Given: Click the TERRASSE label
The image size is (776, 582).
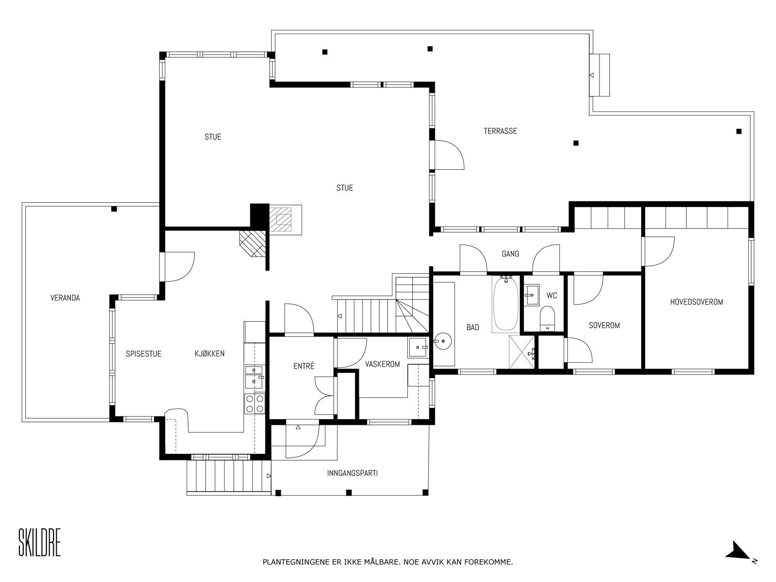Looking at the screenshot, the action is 500,131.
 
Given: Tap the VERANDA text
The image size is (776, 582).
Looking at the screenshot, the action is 65,298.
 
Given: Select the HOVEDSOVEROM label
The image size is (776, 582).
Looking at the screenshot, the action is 696,302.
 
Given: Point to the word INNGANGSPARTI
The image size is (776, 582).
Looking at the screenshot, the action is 353,473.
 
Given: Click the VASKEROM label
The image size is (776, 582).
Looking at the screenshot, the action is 383,364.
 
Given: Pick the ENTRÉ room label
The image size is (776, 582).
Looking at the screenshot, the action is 304,366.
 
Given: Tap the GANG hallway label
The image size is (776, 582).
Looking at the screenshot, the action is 511,254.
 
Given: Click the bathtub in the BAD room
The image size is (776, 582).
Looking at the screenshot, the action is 505,304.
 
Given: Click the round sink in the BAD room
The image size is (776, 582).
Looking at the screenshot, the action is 442,341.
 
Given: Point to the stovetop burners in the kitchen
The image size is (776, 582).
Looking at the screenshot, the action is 255,404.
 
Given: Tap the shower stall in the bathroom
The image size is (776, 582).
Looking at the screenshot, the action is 522,352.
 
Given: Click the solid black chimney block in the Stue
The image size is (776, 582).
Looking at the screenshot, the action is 259,215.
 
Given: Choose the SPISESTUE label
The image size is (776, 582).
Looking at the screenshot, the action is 144,354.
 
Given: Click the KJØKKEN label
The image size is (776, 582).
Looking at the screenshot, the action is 210,354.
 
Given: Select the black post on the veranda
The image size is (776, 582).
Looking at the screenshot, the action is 114,209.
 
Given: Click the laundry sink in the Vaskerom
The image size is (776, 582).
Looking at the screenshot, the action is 418,348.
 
